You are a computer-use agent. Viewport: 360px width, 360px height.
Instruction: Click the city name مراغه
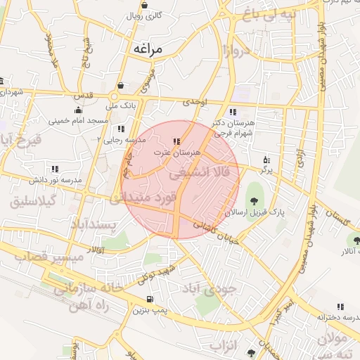(x=147, y=49)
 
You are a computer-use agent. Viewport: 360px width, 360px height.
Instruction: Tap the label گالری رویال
(x=148, y=15)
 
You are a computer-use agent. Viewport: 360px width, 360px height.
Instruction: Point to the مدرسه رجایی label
(x=124, y=140)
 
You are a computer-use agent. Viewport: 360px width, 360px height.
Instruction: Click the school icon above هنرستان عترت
(x=176, y=141)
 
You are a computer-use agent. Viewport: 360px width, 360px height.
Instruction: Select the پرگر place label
(x=265, y=169)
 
